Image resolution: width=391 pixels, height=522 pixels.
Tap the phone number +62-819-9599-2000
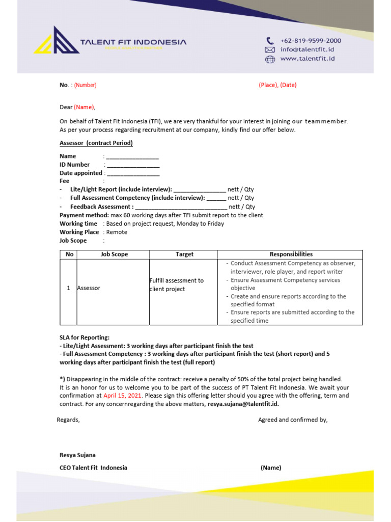pos(311,41)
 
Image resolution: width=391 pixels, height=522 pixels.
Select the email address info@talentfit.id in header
pos(307,50)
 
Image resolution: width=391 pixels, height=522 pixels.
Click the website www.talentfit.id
pos(307,59)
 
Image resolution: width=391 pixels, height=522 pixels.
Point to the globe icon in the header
pos(270,59)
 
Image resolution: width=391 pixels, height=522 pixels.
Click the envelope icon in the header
pos(270,50)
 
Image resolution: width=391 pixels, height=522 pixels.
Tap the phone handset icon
pos(270,41)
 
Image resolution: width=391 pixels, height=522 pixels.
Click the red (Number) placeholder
pos(85,85)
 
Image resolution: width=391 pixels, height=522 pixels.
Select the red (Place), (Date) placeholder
pos(277,85)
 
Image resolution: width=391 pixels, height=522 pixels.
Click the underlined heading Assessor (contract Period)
pos(96,143)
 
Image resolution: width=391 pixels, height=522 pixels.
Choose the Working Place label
pos(79,232)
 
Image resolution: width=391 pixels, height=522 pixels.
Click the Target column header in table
pos(184,254)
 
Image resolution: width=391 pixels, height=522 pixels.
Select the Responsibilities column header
pos(291,254)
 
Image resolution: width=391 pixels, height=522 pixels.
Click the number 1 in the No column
pos(68,288)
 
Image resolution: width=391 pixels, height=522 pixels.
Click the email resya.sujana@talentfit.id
pos(243,404)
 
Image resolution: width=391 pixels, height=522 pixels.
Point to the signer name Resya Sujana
pos(77,455)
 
